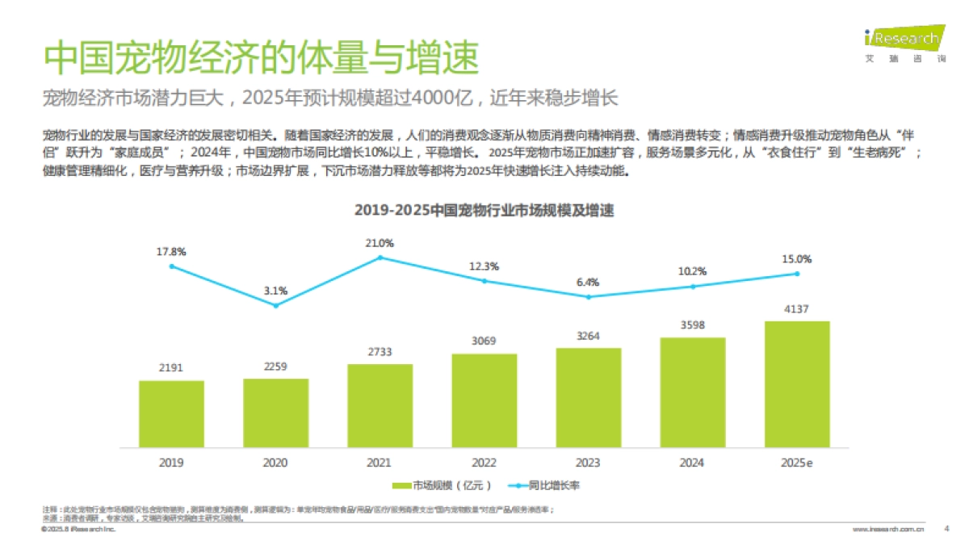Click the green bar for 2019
pyautogui.click(x=171, y=413)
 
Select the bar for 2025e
pyautogui.click(x=796, y=384)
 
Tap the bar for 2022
pyautogui.click(x=484, y=400)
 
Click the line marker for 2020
pyautogui.click(x=275, y=305)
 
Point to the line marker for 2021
pyautogui.click(x=380, y=258)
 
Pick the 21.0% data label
pyautogui.click(x=380, y=242)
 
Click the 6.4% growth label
pyautogui.click(x=588, y=282)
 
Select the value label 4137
pyautogui.click(x=796, y=308)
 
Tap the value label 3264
pyautogui.click(x=588, y=335)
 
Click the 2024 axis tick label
pyautogui.click(x=692, y=463)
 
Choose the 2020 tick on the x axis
pyautogui.click(x=275, y=463)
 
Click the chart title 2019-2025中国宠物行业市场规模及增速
pyautogui.click(x=484, y=211)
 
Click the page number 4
pyautogui.click(x=946, y=529)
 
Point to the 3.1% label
pyautogui.click(x=275, y=291)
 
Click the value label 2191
pyautogui.click(x=171, y=367)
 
